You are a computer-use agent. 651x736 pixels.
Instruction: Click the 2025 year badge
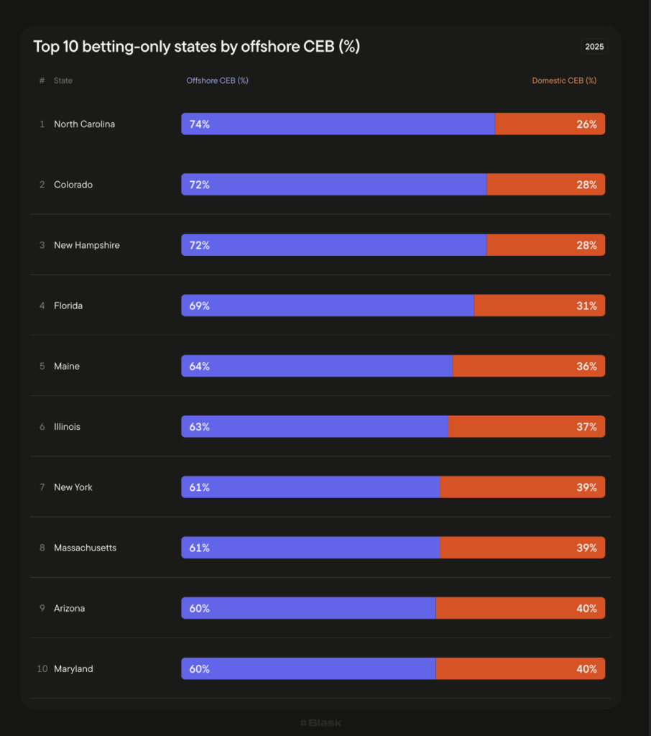(594, 47)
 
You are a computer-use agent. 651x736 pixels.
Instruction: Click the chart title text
(196, 47)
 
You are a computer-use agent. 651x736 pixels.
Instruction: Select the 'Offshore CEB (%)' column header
(217, 80)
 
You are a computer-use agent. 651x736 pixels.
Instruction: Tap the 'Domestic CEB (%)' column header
(564, 80)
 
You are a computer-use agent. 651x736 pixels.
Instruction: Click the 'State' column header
(63, 80)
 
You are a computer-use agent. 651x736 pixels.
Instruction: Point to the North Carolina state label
(84, 124)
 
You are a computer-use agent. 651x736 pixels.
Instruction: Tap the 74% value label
(199, 124)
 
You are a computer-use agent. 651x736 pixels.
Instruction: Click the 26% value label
(586, 124)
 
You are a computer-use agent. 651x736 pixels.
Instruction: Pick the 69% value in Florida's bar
(199, 305)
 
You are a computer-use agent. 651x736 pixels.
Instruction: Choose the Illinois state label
(67, 427)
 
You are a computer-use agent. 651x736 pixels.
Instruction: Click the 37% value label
(586, 427)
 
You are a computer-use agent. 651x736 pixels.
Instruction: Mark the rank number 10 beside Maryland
(42, 669)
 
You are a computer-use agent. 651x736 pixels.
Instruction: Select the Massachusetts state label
(85, 548)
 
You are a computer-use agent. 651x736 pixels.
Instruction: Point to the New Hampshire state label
(86, 245)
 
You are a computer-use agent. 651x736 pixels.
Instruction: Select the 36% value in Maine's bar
(586, 366)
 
